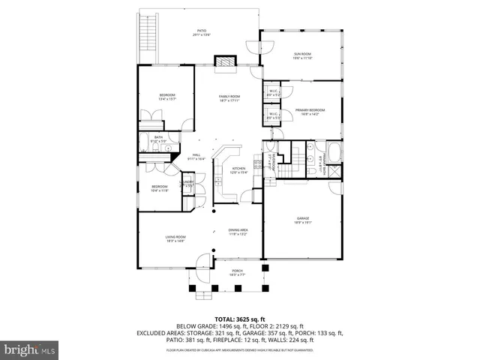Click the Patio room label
pyautogui.click(x=201, y=31)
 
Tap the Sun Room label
pyautogui.click(x=302, y=54)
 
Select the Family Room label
pyautogui.click(x=229, y=97)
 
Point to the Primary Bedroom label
pyautogui.click(x=310, y=110)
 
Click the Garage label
pyautogui.click(x=302, y=219)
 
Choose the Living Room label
pyautogui.click(x=175, y=237)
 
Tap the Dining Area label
pyautogui.click(x=238, y=229)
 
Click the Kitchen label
pyautogui.click(x=238, y=168)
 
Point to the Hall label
pyautogui.click(x=196, y=154)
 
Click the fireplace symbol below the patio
pyautogui.click(x=225, y=61)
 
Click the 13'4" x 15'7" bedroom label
pyautogui.click(x=167, y=96)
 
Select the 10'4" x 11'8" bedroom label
pyautogui.click(x=160, y=187)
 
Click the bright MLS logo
pyautogui.click(x=30, y=349)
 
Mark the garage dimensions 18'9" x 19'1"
pyautogui.click(x=302, y=222)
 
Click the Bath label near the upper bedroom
pyautogui.click(x=159, y=137)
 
